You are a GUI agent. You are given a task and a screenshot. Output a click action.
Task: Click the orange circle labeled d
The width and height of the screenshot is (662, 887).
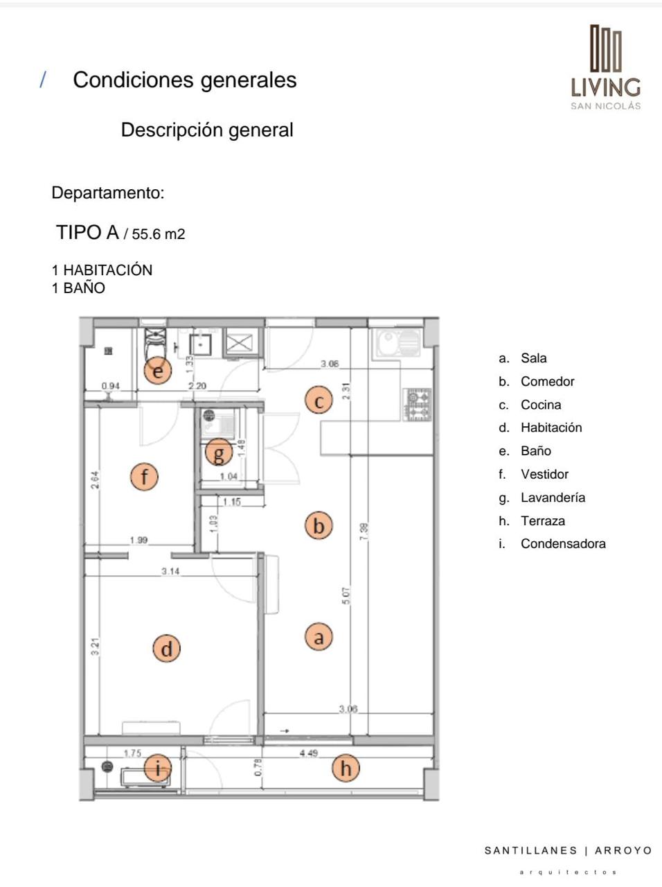(x=166, y=649)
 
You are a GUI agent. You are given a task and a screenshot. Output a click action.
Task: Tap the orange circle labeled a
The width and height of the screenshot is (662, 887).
(x=319, y=636)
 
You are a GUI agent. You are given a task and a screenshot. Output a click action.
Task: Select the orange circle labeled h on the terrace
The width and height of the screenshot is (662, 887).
(x=346, y=768)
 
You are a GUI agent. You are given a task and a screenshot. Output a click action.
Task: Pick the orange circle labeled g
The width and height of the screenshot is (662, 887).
(x=219, y=454)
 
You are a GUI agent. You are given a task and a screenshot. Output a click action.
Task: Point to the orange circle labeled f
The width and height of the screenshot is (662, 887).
(x=145, y=476)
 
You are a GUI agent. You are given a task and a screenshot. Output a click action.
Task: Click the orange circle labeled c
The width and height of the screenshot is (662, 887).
(x=319, y=401)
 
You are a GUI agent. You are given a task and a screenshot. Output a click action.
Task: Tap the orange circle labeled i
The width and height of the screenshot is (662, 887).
(x=159, y=768)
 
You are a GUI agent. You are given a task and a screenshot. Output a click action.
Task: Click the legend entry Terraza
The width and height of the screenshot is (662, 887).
(x=543, y=520)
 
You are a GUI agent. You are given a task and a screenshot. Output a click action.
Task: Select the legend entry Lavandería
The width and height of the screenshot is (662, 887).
(x=553, y=498)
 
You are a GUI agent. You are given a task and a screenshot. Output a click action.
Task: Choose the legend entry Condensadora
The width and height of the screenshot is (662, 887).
(x=563, y=544)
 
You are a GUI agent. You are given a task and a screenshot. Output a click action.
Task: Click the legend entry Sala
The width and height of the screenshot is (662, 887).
(x=533, y=358)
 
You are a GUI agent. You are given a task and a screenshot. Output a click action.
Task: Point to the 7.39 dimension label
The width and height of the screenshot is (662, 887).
(x=364, y=532)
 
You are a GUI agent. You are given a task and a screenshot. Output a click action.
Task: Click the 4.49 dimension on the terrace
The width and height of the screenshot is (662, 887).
(x=309, y=753)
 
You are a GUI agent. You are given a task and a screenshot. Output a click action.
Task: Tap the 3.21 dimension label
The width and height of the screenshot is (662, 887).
(x=96, y=647)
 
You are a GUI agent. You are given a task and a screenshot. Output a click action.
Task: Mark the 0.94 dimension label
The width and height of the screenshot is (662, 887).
(x=110, y=386)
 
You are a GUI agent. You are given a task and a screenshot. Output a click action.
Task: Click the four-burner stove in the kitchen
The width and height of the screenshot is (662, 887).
(x=418, y=405)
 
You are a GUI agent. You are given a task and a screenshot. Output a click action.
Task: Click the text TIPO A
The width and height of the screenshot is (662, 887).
(x=88, y=233)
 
